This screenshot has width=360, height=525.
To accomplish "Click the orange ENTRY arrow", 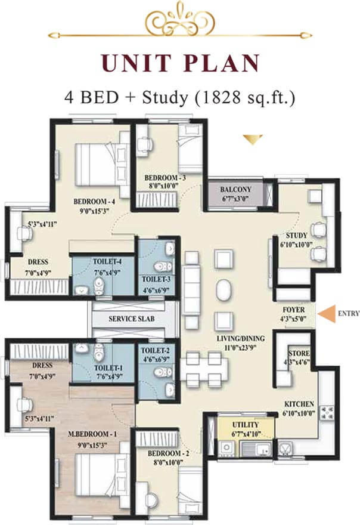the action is coord(327,314).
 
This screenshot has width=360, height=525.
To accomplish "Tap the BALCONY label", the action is coord(235,190).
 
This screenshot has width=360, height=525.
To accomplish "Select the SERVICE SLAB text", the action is coord(132,319).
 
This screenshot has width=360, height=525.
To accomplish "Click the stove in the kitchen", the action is coord(326,413).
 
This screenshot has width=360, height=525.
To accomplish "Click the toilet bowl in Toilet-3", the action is coord(163,267).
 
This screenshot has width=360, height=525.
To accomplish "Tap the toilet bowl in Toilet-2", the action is coord(163,372).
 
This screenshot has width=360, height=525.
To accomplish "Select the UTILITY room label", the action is coord(245,425).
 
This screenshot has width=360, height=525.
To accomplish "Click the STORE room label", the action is coord(299,354).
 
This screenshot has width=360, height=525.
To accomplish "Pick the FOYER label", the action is coord(293,310).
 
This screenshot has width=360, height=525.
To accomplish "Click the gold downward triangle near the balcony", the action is coord(253,139).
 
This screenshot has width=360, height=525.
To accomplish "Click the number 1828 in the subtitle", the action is coord(218,97).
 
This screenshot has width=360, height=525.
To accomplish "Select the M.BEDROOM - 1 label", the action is coord(92,434).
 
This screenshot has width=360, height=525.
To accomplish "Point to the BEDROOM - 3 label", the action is coord(165,177).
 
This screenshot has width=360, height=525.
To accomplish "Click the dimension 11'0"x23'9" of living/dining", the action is coord(241,348).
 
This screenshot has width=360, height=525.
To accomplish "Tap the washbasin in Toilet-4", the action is coord(81,291).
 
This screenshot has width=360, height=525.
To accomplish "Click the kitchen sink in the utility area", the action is coord(256,448).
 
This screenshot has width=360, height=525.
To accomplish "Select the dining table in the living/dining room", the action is coord(204,369).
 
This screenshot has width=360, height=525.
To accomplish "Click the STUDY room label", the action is coord(296,235).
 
